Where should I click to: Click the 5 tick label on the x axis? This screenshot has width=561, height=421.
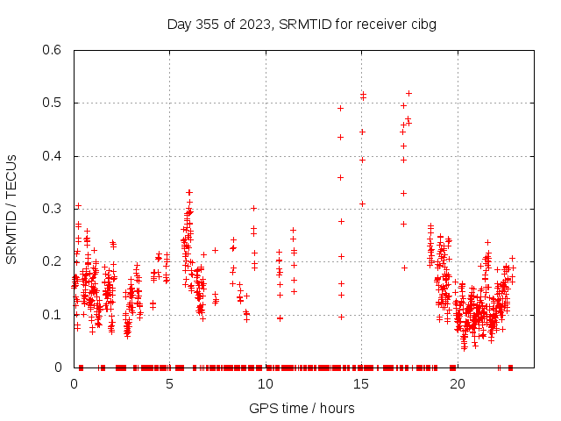click(170, 383)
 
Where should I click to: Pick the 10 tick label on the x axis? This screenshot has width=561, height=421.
click(266, 383)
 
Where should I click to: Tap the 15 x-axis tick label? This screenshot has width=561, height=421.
click(362, 383)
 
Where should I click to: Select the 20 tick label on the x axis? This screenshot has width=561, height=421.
click(458, 383)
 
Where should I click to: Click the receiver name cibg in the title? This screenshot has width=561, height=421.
click(422, 24)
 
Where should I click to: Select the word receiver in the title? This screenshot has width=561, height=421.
click(378, 24)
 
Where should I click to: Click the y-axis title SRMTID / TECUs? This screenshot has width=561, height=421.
click(11, 209)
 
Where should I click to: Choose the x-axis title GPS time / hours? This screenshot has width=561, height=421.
click(302, 408)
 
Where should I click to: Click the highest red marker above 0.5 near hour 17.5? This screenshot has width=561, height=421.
click(408, 93)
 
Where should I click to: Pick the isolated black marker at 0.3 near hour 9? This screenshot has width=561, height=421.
click(253, 208)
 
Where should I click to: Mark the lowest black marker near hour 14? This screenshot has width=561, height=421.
click(341, 317)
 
